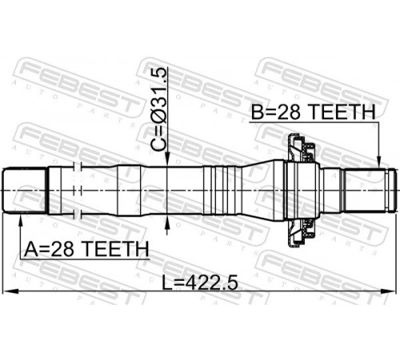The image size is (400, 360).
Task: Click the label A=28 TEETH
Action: pyautogui.click(x=86, y=249)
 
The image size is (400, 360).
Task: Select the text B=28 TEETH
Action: pyautogui.click(x=314, y=111)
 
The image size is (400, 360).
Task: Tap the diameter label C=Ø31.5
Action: pyautogui.click(x=160, y=110)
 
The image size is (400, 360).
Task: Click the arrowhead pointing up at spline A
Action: pyautogui.click(x=20, y=220)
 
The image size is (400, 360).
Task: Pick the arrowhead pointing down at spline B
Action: pyautogui.click(x=378, y=162)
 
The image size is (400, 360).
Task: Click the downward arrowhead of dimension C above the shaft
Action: pyautogui.click(x=167, y=160)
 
